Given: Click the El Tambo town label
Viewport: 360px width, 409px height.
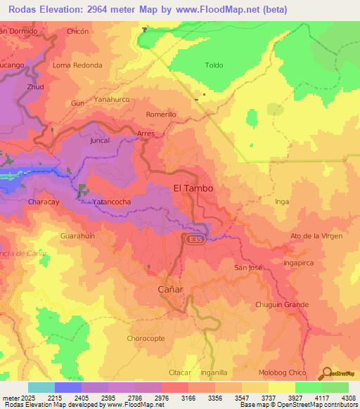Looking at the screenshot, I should (193, 188).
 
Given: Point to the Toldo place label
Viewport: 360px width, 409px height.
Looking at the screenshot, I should (214, 65).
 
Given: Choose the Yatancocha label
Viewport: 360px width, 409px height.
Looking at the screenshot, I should (112, 202).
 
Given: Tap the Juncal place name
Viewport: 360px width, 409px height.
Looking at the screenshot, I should (101, 141).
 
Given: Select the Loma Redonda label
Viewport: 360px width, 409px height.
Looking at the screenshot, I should (77, 65).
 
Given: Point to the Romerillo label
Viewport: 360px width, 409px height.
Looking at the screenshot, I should (160, 114).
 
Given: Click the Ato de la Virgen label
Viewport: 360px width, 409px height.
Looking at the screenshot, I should (316, 235).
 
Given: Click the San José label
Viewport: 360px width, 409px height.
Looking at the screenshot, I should (247, 268).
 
